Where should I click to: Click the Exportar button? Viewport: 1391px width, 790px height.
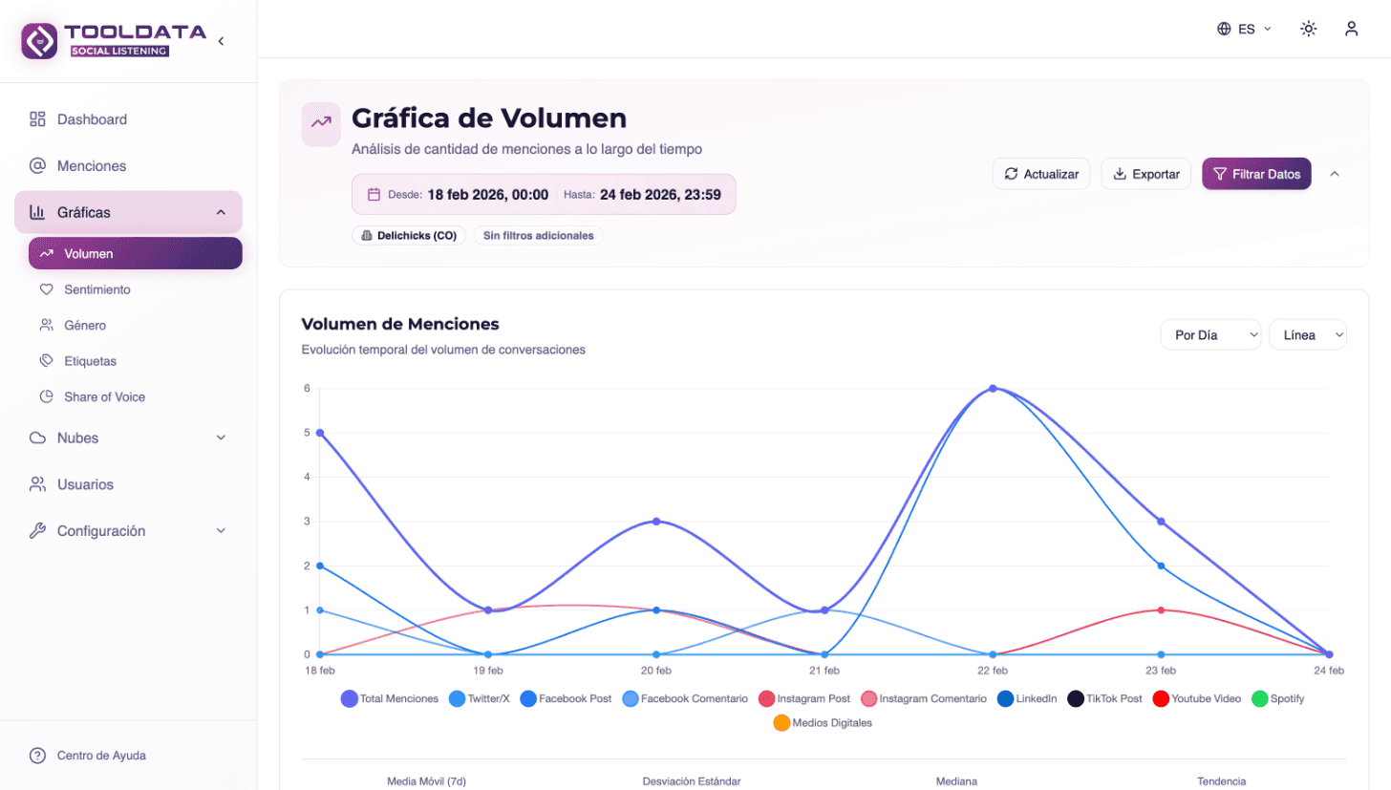pos(1145,174)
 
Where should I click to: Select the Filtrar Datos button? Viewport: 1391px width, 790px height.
pos(1256,174)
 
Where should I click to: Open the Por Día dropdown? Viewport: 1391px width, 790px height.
pos(1210,335)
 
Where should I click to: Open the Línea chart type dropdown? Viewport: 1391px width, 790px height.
pos(1307,335)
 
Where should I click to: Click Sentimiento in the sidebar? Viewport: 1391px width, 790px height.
pos(96,289)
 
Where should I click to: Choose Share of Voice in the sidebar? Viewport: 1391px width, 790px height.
pos(104,396)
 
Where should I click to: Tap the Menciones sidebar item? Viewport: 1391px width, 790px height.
pos(92,166)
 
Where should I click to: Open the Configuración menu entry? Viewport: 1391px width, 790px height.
pos(101,531)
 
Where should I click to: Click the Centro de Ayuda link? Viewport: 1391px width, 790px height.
pos(101,756)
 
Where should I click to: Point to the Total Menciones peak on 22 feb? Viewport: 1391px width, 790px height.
pos(994,389)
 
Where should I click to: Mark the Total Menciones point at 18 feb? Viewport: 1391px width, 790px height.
pos(320,433)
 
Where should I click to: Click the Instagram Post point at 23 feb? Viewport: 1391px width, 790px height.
pos(1161,609)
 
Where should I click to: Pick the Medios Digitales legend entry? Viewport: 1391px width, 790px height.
pos(823,723)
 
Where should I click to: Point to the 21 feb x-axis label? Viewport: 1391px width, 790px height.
pos(824,671)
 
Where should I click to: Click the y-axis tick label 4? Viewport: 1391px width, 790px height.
pos(307,477)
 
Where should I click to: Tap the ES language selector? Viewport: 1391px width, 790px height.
pos(1245,29)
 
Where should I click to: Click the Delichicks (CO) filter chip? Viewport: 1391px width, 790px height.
pos(409,235)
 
